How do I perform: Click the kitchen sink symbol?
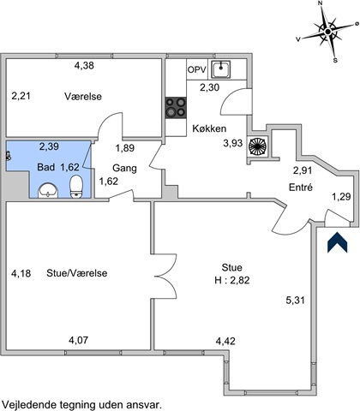(x=220, y=69)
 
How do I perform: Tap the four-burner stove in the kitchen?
(x=176, y=108)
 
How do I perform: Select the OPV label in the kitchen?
(x=197, y=69)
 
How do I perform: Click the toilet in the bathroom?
(x=76, y=187)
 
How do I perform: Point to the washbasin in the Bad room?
(x=48, y=190)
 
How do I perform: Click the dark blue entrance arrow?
(x=337, y=242)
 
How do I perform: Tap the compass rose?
(x=328, y=32)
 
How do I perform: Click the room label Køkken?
(x=209, y=128)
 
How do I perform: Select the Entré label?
(x=301, y=188)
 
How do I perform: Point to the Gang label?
(x=124, y=168)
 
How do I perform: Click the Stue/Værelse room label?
(x=77, y=273)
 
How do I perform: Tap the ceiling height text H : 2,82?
(x=232, y=280)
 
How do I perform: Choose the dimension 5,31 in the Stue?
(x=295, y=301)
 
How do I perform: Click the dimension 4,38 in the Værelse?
(x=84, y=66)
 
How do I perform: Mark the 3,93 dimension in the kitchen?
(x=233, y=143)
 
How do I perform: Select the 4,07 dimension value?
(x=79, y=340)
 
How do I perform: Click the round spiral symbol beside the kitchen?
(x=257, y=146)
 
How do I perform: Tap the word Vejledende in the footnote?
(x=30, y=405)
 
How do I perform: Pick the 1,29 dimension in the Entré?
(x=341, y=197)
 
